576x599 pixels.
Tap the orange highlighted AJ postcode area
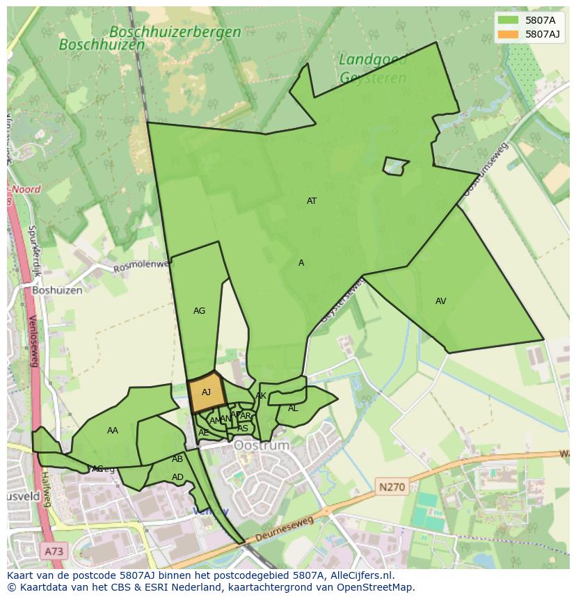(x=206, y=393)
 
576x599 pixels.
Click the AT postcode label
(x=312, y=201)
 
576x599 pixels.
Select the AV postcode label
(x=440, y=301)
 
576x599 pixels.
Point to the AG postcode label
(x=199, y=311)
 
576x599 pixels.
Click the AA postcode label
(x=113, y=431)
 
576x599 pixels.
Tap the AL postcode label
(x=293, y=408)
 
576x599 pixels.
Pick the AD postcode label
(x=177, y=477)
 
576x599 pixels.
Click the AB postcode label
(x=177, y=459)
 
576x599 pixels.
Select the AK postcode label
(x=261, y=396)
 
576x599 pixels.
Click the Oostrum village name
(x=261, y=445)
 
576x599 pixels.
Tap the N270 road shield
(x=392, y=487)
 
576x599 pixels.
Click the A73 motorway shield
(x=54, y=552)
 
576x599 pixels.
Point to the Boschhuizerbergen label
(x=175, y=32)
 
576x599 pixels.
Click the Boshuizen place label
(x=57, y=290)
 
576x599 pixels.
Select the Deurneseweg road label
(x=285, y=530)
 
